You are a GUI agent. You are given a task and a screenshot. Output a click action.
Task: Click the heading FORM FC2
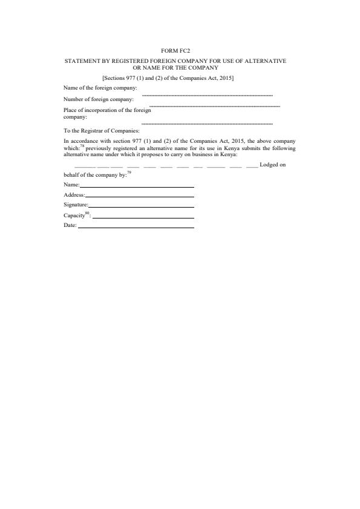pyautogui.click(x=180, y=51)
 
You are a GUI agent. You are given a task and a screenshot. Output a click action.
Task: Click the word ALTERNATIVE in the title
pyautogui.click(x=264, y=61)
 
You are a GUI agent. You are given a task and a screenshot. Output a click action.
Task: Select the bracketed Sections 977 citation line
pyautogui.click(x=168, y=79)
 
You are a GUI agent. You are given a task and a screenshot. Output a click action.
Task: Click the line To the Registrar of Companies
pyautogui.click(x=102, y=130)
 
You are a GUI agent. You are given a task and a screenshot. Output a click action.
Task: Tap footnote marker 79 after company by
pyautogui.click(x=129, y=172)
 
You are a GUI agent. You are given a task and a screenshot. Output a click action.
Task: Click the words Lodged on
pyautogui.click(x=272, y=165)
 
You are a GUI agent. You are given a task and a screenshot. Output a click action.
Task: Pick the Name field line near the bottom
pyautogui.click(x=137, y=186)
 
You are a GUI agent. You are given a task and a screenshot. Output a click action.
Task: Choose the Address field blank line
pyautogui.click(x=140, y=197)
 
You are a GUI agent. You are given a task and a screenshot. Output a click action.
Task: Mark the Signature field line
pyautogui.click(x=141, y=207)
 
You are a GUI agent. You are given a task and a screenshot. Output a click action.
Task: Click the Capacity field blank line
pyautogui.click(x=143, y=217)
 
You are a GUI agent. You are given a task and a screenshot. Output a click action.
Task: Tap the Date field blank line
pyautogui.click(x=136, y=228)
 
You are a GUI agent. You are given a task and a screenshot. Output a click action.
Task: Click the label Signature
pyautogui.click(x=76, y=205)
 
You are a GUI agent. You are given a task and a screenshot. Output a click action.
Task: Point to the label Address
pyautogui.click(x=74, y=195)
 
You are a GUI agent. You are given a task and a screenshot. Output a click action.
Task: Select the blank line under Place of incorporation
pyautogui.click(x=206, y=123)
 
